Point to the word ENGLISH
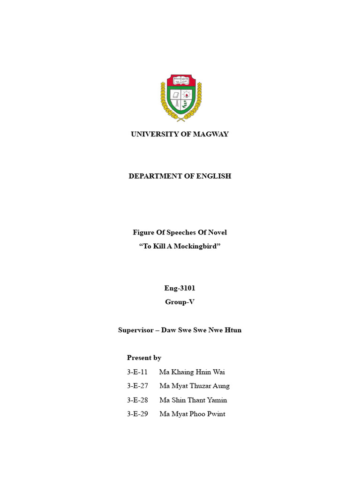coord(213,176)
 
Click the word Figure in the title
coord(143,232)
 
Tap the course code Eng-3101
coord(180,288)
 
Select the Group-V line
coord(180,302)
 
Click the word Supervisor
coord(136,330)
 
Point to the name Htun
coord(233,330)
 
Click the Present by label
coord(144,358)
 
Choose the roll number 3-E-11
coord(137,372)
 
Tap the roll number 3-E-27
coord(137,386)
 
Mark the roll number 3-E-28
coord(137,400)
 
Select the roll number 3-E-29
coord(137,414)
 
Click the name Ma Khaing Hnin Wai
coord(192,372)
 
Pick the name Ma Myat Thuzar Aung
coord(195,386)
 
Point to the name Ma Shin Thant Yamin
coord(193,400)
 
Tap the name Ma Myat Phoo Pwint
coord(192,414)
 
